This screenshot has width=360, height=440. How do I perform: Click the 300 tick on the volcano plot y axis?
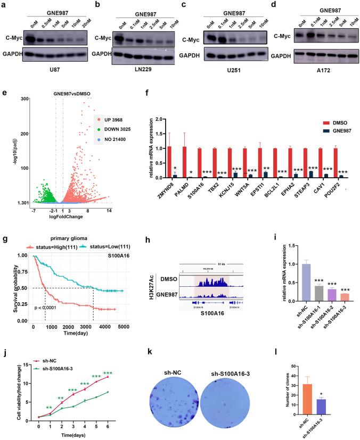(x=23, y=99)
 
